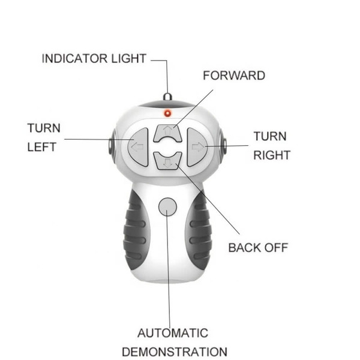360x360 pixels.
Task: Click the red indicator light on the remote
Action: [x=168, y=113]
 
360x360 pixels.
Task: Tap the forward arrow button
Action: [x=168, y=132]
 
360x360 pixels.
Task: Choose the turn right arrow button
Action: [x=197, y=146]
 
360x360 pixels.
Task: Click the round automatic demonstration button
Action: [x=167, y=206]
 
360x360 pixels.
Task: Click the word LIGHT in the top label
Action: [x=130, y=59]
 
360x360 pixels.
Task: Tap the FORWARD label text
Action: [x=234, y=76]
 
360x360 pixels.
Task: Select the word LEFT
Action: [x=42, y=146]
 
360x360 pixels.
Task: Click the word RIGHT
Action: [x=271, y=155]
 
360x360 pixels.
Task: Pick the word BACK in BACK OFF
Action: [x=247, y=247]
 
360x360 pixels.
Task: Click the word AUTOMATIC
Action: [x=173, y=333]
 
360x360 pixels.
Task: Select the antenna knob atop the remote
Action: [x=168, y=97]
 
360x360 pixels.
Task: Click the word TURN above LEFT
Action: [x=44, y=128]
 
